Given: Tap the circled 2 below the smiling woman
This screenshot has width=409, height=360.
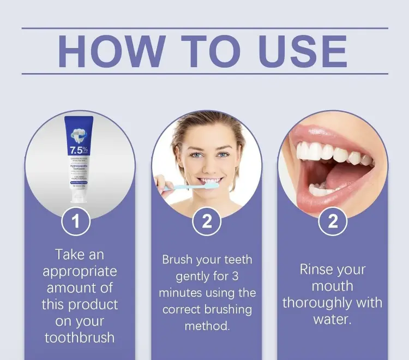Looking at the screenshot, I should [x=207, y=221].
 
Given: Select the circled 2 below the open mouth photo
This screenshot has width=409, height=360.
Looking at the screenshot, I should [x=333, y=221].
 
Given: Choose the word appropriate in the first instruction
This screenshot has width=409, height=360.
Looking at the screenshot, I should [x=80, y=271].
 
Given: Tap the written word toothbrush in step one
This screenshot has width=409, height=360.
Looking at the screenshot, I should [x=80, y=337].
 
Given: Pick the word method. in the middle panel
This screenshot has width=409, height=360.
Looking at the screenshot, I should [x=207, y=326].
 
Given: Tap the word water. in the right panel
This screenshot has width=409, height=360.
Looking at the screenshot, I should [x=333, y=319].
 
